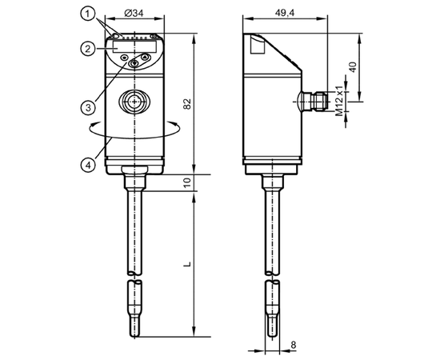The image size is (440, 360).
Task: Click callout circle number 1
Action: point(88,14)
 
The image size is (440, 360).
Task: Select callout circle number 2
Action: point(88,49)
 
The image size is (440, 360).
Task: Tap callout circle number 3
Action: point(88,107)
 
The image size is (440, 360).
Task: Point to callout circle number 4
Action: point(88,165)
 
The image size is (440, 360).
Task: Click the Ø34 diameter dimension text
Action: point(134,13)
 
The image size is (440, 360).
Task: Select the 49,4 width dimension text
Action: point(285,13)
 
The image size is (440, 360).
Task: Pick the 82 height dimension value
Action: point(187,104)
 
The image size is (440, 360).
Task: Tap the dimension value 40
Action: point(353,66)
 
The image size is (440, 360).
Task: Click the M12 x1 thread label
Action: point(339,101)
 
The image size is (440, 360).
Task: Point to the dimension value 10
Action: point(187,182)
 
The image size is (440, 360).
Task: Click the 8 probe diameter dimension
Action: point(294,344)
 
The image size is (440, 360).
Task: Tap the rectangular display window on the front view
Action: point(134,46)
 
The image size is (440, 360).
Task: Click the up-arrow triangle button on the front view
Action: point(145,58)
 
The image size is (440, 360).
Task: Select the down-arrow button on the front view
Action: point(134,63)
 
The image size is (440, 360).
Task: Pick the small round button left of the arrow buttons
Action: point(124,58)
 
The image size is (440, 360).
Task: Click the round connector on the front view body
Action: point(135,101)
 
